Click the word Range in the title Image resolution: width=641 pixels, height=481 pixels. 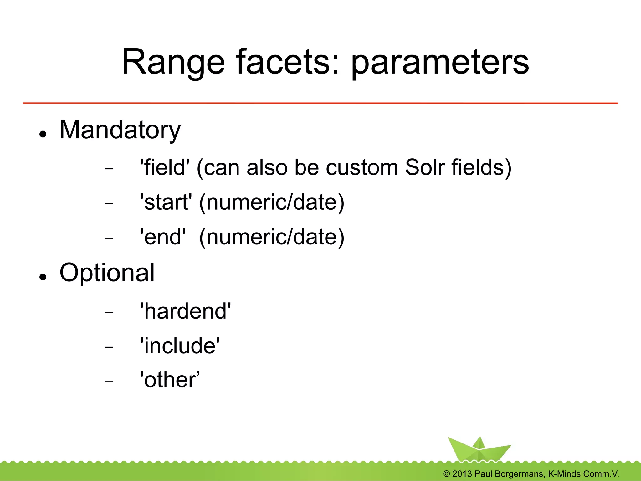pos(173,63)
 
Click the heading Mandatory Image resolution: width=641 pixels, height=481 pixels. pos(120,130)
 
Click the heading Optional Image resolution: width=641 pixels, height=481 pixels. pos(107,273)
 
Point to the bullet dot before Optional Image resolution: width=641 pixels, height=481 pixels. pos(43,277)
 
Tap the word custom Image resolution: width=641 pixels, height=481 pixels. pos(362,168)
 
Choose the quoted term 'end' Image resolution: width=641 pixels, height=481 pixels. pos(162,237)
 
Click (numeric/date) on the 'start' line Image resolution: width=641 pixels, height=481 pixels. pos(272,202)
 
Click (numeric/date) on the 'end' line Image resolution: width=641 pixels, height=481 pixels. pos(272,237)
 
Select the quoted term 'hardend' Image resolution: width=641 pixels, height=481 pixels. pos(185,311)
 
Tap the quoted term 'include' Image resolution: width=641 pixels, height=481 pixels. pos(180,346)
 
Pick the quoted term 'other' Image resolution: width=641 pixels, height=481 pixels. pos(169,380)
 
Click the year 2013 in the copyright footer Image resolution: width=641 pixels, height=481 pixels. pos(462,474)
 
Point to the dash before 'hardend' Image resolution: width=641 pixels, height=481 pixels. pos(109,312)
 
